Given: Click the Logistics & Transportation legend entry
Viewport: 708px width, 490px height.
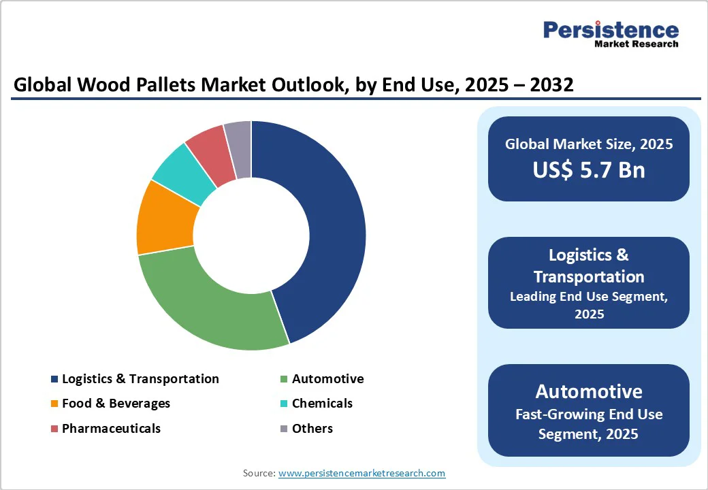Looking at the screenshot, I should [x=140, y=379].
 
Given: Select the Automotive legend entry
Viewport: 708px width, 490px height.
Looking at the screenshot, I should [x=327, y=379].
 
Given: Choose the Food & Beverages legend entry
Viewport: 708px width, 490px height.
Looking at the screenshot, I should [x=116, y=404].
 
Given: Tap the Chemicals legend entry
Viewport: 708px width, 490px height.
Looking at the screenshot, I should [x=322, y=404].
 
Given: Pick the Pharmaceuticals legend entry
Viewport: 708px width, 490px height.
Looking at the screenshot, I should [x=111, y=429].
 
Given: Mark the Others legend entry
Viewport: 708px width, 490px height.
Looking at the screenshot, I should [x=312, y=429].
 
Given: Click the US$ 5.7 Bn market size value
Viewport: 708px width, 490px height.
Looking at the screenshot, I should [x=589, y=169].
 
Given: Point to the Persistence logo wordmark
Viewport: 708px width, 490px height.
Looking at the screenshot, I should [x=611, y=30].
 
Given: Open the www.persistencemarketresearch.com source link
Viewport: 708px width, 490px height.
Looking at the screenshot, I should [x=361, y=473].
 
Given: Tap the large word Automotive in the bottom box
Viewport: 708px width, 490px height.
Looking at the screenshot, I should [x=589, y=391].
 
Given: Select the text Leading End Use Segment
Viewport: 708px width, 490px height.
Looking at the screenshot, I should [x=589, y=296].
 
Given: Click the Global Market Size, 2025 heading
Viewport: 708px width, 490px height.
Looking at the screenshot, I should [x=589, y=144].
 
